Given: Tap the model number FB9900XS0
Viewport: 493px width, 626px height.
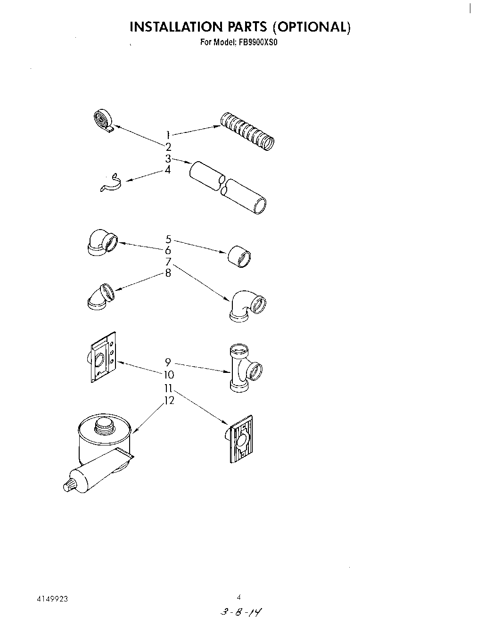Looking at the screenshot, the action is tap(259, 42).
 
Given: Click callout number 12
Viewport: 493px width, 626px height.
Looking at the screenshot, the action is tap(169, 401).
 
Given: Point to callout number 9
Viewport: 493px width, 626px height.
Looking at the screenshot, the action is tap(168, 362).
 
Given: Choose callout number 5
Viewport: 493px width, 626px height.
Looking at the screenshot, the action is tap(168, 239).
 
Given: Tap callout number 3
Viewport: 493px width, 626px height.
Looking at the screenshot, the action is tap(168, 159).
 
